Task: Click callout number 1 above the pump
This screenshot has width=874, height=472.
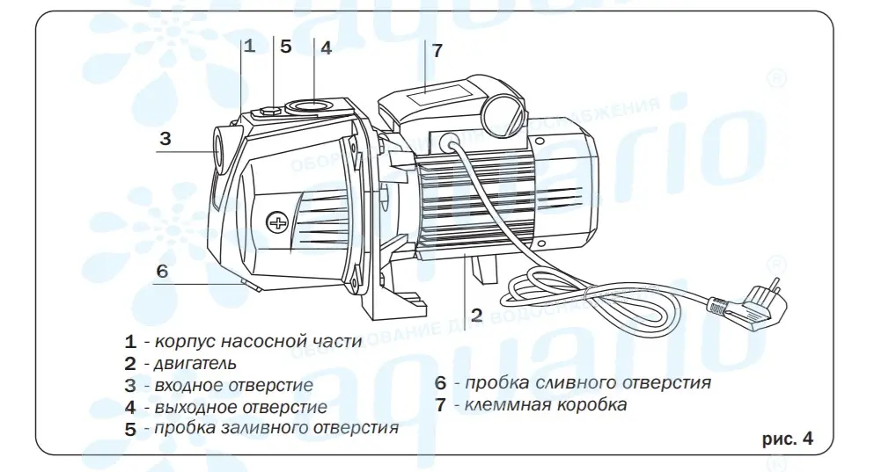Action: tap(249, 47)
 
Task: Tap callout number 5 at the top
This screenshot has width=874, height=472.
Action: tap(285, 47)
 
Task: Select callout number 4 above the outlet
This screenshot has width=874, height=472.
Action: tap(325, 48)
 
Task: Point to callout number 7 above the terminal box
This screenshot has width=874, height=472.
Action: tap(437, 50)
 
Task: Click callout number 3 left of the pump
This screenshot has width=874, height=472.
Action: tap(165, 138)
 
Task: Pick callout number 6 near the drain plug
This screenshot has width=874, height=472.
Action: tap(161, 271)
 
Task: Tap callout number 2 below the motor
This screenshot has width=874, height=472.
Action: tap(476, 315)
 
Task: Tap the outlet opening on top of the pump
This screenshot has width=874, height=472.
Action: tap(308, 107)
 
